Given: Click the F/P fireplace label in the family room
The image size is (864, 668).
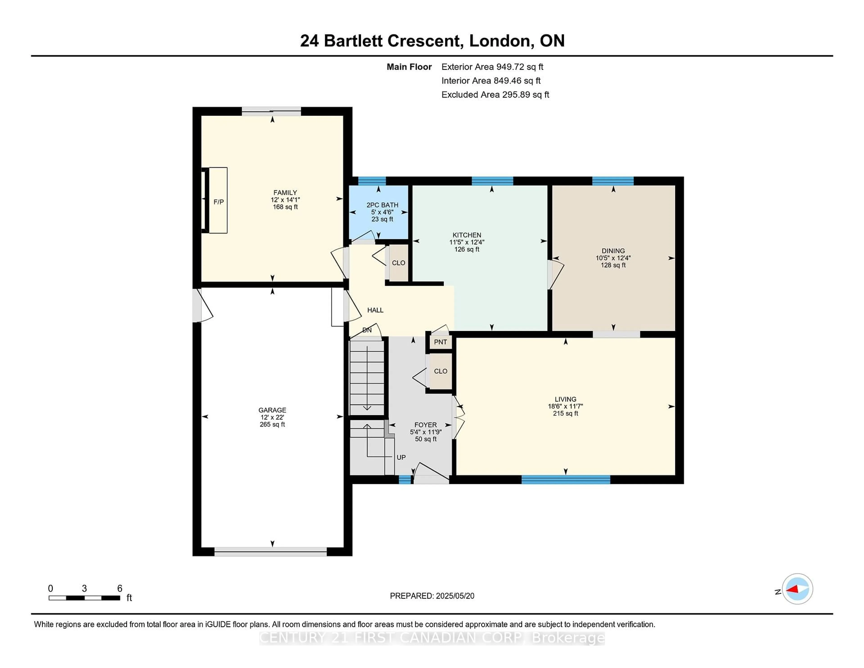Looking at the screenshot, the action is pos(218,202).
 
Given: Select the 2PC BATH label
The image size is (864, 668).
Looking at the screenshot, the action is pos(382,205).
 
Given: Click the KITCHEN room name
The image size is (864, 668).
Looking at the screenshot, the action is pos(467,235).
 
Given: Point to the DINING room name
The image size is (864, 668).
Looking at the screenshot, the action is pos(613,251).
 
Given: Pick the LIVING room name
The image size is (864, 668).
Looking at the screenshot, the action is pos(565,399).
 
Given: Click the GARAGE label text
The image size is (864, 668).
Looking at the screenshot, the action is pos(272,410).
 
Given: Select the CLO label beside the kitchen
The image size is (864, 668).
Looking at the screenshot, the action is pos(398,263).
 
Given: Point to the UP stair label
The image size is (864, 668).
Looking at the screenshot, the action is pos(401,458).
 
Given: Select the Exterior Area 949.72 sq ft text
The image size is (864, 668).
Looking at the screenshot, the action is pos(493,67).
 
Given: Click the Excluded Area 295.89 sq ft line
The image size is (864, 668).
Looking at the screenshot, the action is pos(495,95).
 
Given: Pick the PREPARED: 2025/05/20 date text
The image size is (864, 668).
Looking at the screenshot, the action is pos(432,596).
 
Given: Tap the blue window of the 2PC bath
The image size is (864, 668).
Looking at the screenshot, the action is pos(372,181).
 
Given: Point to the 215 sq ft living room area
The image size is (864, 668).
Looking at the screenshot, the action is pos(565,413).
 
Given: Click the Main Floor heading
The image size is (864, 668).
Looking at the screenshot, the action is pos(409,67).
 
